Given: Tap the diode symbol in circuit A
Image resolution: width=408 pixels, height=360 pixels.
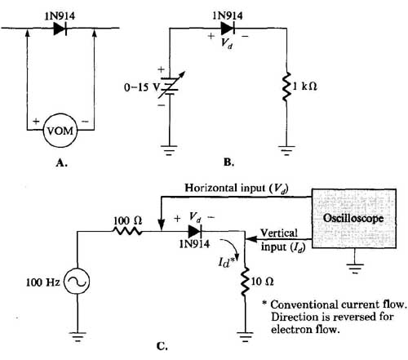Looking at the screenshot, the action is click(x=60, y=28).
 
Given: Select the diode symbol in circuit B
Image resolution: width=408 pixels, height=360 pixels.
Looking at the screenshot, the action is click(x=228, y=28).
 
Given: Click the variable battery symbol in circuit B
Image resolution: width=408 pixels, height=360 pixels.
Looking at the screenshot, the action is click(x=171, y=86).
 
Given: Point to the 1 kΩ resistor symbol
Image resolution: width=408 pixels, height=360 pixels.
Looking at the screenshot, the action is click(x=286, y=87).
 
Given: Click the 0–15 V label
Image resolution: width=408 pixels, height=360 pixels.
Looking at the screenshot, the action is click(x=141, y=87).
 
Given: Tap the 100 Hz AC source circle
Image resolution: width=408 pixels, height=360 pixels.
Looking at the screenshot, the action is click(x=77, y=282).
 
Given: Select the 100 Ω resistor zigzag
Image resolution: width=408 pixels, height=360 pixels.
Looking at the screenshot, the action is click(x=127, y=231).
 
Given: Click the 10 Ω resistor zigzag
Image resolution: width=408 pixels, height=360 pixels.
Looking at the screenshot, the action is click(x=245, y=282).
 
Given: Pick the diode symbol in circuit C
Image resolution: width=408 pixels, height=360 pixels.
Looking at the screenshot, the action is click(x=195, y=232).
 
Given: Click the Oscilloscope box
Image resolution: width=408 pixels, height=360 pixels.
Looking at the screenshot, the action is click(x=354, y=219).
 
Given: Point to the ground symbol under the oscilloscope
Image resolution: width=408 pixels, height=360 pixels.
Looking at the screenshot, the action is click(x=354, y=268).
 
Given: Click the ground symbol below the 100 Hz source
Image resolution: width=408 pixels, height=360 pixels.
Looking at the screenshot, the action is click(x=78, y=337).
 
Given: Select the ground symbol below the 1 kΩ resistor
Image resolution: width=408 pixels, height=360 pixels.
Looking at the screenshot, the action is click(x=286, y=150).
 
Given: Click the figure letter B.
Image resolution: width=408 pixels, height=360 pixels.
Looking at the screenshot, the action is click(x=228, y=162).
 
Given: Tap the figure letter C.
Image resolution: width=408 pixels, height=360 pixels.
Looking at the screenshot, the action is click(x=162, y=346).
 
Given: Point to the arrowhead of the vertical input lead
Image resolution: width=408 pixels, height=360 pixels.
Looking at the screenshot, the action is click(x=251, y=239).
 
